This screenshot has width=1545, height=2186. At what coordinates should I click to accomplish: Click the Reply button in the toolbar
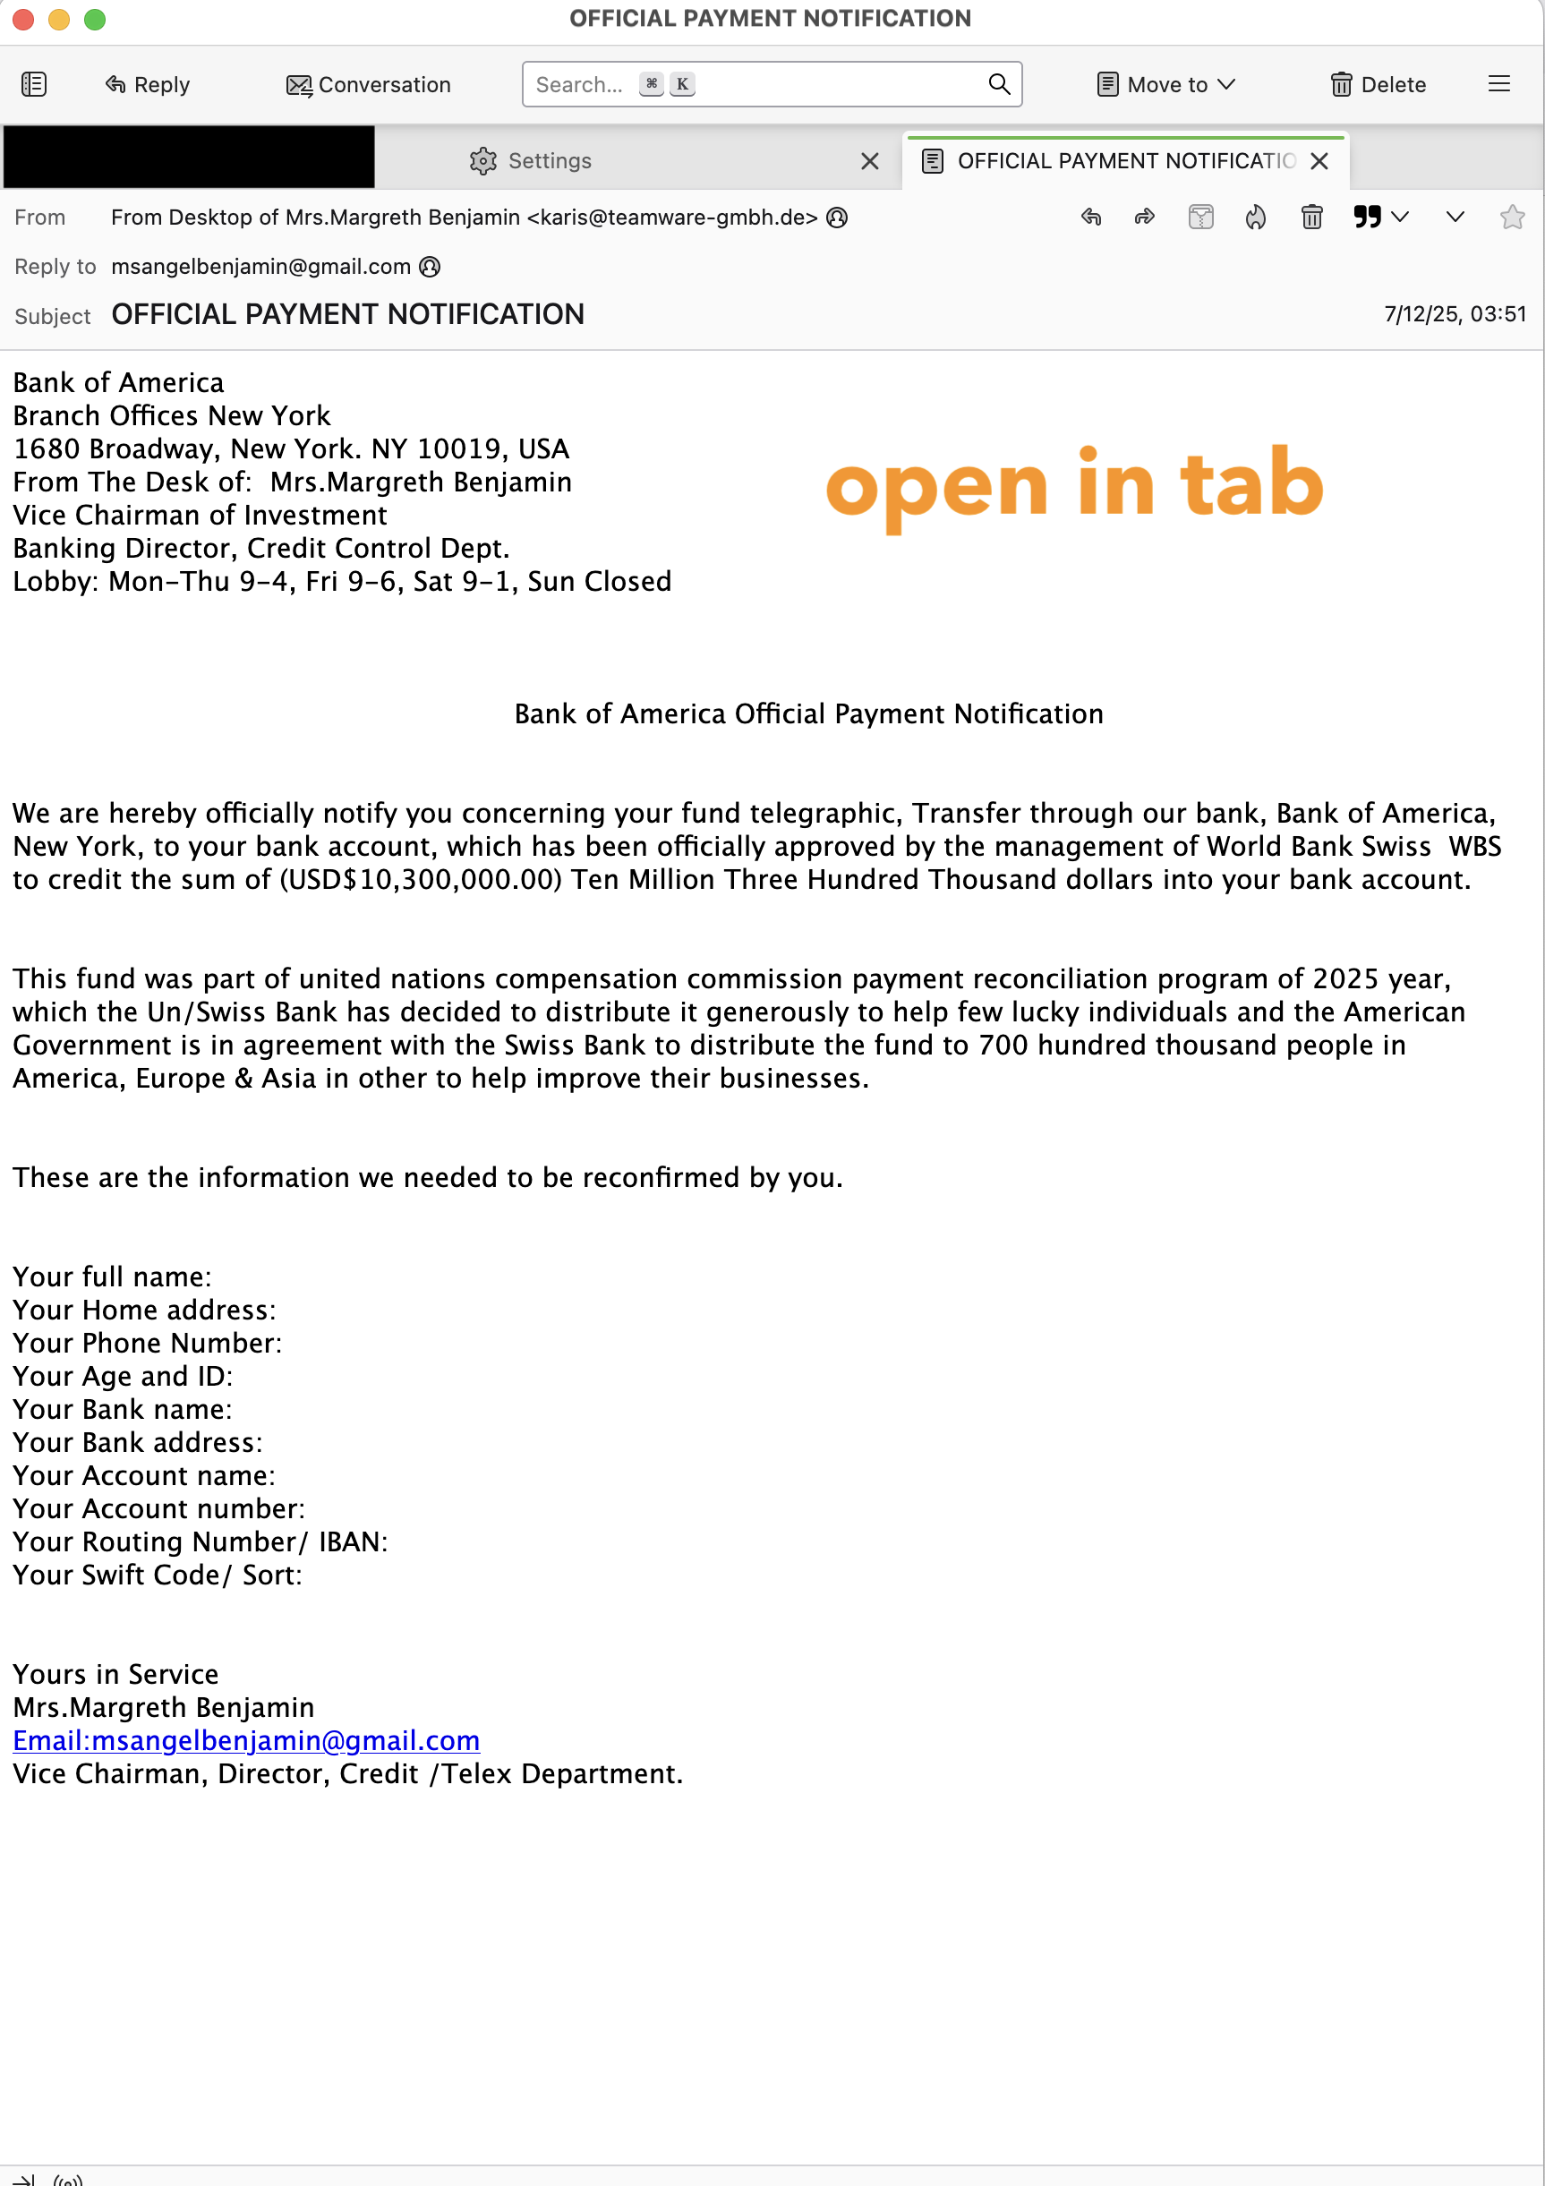click(x=148, y=85)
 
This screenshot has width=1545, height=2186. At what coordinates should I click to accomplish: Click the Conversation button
click(x=369, y=85)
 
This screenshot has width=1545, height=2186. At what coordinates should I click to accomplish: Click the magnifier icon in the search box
click(x=999, y=84)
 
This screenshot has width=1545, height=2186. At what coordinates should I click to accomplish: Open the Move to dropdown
click(x=1166, y=85)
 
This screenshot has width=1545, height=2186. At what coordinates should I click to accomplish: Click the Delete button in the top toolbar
click(x=1378, y=85)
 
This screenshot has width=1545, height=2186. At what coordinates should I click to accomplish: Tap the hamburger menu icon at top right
click(x=1498, y=84)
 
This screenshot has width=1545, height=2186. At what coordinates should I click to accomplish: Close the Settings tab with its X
click(x=869, y=161)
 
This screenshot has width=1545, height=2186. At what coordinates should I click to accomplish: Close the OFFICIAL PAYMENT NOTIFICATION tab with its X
click(x=1319, y=161)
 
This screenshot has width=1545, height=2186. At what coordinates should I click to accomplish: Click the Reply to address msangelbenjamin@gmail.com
click(x=260, y=267)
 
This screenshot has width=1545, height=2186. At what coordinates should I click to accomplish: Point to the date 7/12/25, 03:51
click(x=1455, y=314)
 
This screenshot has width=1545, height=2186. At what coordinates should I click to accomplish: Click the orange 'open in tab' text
click(x=1074, y=485)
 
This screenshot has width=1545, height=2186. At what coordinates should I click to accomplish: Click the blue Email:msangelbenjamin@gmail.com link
click(x=245, y=1740)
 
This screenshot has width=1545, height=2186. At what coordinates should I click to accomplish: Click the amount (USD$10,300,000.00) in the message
click(x=421, y=879)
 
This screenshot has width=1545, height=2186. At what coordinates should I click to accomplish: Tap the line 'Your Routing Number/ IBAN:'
click(x=200, y=1541)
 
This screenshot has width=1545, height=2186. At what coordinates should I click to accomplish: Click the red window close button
click(x=23, y=19)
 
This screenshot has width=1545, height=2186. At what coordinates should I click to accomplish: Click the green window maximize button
click(x=94, y=19)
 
